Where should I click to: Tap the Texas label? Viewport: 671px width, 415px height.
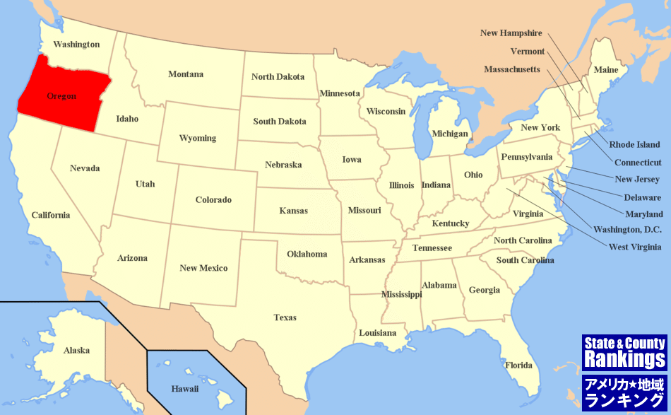click(285, 317)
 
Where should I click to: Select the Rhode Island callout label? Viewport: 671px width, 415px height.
click(634, 144)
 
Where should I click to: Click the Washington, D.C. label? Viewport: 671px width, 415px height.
click(627, 230)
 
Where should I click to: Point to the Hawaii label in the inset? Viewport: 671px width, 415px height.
click(185, 388)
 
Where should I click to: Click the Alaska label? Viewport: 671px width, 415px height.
click(76, 350)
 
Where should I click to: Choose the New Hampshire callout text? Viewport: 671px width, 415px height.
click(511, 33)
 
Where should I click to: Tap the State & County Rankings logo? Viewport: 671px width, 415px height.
click(624, 353)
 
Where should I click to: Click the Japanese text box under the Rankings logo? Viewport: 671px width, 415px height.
click(624, 392)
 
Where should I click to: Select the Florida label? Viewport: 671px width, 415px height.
click(518, 365)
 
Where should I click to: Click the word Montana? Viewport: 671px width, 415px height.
click(186, 74)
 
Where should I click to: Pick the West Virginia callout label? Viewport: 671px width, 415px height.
click(635, 247)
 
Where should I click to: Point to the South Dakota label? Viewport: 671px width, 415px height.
click(280, 122)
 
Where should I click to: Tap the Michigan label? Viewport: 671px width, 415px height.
click(450, 134)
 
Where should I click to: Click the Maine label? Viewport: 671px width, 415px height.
click(605, 69)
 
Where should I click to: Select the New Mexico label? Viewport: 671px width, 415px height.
click(203, 268)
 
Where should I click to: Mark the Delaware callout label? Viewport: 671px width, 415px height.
click(642, 197)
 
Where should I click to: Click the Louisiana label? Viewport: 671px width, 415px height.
click(378, 332)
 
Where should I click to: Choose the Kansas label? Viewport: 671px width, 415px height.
click(293, 211)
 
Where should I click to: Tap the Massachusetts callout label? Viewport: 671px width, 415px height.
click(512, 69)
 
